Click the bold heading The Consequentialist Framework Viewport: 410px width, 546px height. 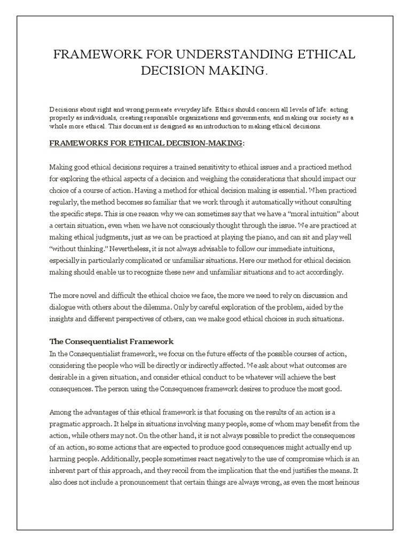pos(112,342)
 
